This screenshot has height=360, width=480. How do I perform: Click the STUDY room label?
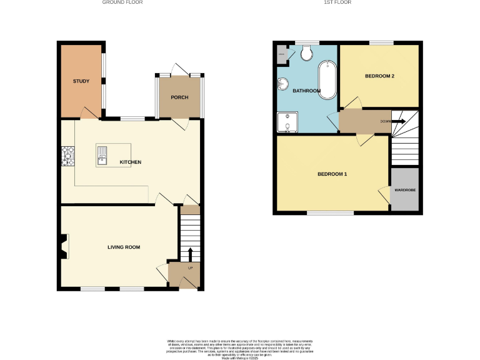pyautogui.click(x=81, y=81)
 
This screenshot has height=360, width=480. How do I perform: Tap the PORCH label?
pyautogui.click(x=179, y=97)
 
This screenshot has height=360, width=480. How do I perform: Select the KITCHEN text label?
pyautogui.click(x=131, y=162)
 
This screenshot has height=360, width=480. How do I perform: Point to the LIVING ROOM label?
pyautogui.click(x=123, y=247)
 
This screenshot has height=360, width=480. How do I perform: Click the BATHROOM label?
pyautogui.click(x=306, y=91)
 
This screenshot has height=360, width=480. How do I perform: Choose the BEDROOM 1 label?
pyautogui.click(x=332, y=174)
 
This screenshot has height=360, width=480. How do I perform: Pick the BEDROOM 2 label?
pyautogui.click(x=379, y=76)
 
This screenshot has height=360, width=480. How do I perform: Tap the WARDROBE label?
pyautogui.click(x=406, y=189)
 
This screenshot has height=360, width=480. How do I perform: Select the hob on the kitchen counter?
pyautogui.click(x=67, y=156)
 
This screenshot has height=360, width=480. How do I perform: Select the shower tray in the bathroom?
pyautogui.click(x=287, y=122)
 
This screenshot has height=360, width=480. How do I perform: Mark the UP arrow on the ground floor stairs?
pyautogui.click(x=190, y=254)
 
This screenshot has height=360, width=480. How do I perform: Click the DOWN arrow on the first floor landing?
pyautogui.click(x=398, y=121)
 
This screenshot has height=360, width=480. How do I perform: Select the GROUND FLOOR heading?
pyautogui.click(x=122, y=2)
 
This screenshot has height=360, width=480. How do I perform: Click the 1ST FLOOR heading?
pyautogui.click(x=337, y=2)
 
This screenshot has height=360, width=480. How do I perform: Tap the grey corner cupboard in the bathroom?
pyautogui.click(x=282, y=54)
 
